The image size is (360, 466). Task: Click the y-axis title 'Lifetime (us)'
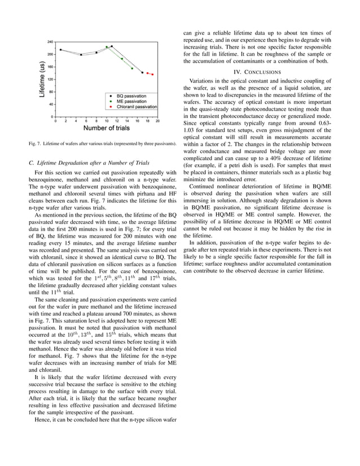coord(42,80)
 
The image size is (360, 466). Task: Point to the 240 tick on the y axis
coord(51,42)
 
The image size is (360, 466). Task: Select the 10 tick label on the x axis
coord(106,121)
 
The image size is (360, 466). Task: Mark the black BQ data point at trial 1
coord(60,50)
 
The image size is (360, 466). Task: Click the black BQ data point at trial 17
coord(142,72)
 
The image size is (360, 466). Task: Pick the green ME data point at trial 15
coord(132,69)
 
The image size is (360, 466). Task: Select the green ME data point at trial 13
coord(122,58)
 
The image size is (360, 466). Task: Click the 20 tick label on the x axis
coord(157,121)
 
